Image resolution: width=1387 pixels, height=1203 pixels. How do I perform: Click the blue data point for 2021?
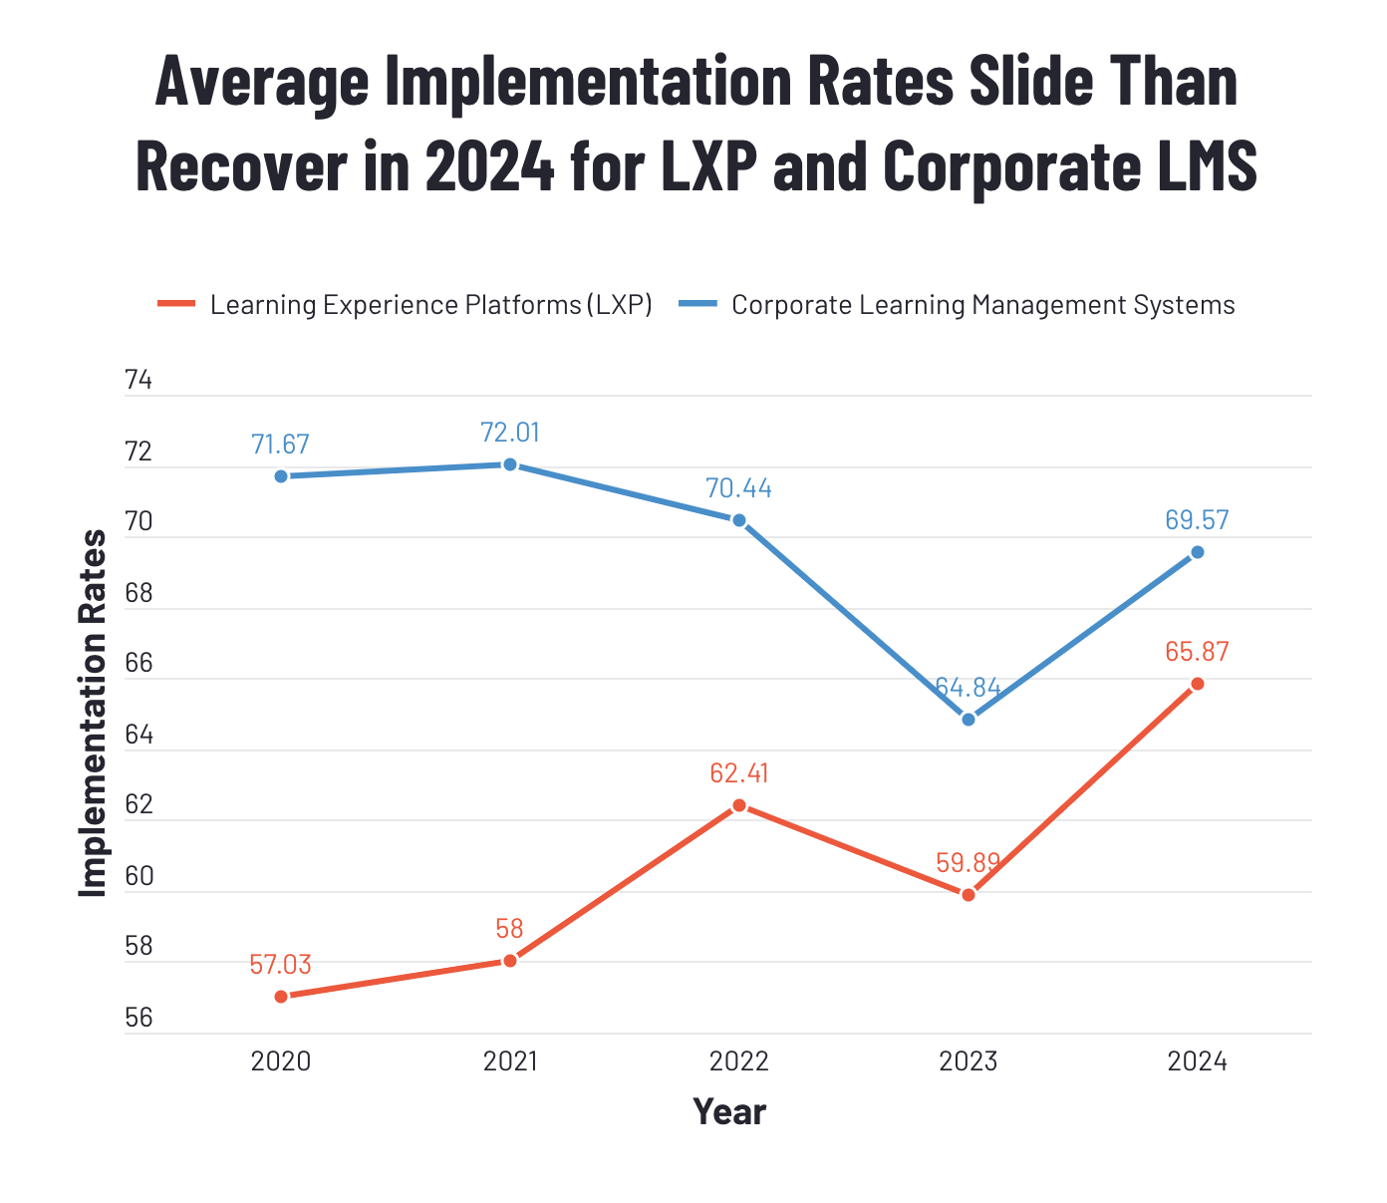click(x=510, y=464)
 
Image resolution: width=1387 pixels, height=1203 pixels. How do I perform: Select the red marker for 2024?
click(x=1198, y=684)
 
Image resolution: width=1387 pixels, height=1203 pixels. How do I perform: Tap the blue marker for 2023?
click(x=969, y=720)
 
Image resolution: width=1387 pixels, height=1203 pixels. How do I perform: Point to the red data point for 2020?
click(x=281, y=997)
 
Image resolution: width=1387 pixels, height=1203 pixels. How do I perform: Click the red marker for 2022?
click(x=739, y=805)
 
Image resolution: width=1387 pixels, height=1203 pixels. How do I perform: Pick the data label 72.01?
click(x=510, y=433)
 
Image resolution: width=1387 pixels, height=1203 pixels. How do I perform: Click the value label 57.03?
click(x=280, y=965)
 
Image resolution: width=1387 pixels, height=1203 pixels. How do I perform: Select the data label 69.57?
click(x=1197, y=520)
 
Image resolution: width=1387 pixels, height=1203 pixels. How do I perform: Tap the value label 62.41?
click(x=739, y=773)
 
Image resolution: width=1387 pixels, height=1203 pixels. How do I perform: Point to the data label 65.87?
click(x=1197, y=652)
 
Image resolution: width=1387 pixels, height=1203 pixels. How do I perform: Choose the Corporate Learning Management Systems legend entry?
click(x=982, y=305)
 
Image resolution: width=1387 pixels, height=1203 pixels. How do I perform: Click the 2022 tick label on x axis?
click(x=739, y=1061)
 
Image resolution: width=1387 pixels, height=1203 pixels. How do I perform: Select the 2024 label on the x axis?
click(x=1198, y=1061)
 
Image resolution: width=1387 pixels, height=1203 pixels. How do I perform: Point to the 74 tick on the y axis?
click(x=139, y=381)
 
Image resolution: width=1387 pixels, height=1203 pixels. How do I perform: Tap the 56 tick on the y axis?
click(x=139, y=1019)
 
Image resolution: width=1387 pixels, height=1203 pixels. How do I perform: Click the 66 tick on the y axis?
click(x=139, y=664)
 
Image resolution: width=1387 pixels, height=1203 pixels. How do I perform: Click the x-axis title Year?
click(x=729, y=1112)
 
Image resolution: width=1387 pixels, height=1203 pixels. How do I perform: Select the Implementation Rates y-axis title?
click(x=93, y=713)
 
